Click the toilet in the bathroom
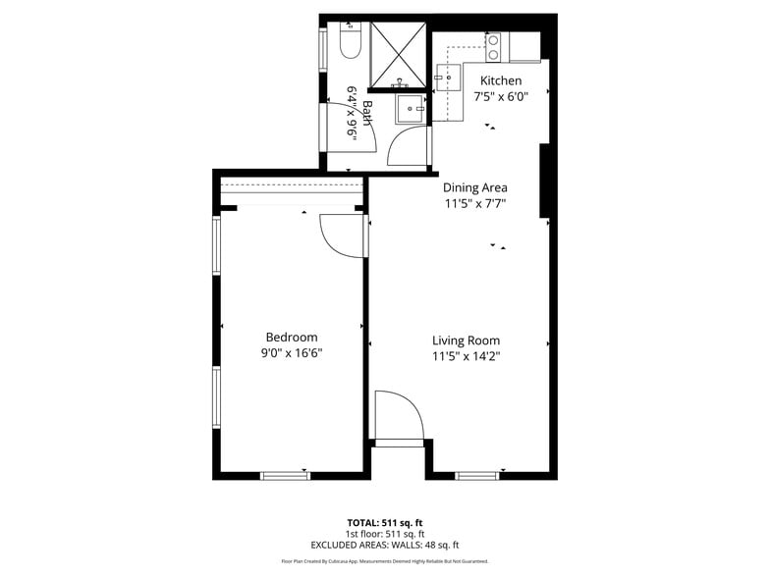pos(351,41)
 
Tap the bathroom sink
pos(410,110)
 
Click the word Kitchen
pos(500,80)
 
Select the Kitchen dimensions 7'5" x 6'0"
pos(500,97)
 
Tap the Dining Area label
pos(474,187)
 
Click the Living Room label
pos(466,341)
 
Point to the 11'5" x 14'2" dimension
pos(466,357)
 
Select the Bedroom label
pos(292,337)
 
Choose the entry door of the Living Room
pos(399,418)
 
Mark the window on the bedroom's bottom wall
pos(285,476)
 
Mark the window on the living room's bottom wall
pos(477,476)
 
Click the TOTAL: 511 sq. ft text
pos(385,522)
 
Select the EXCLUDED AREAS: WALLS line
pos(385,545)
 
